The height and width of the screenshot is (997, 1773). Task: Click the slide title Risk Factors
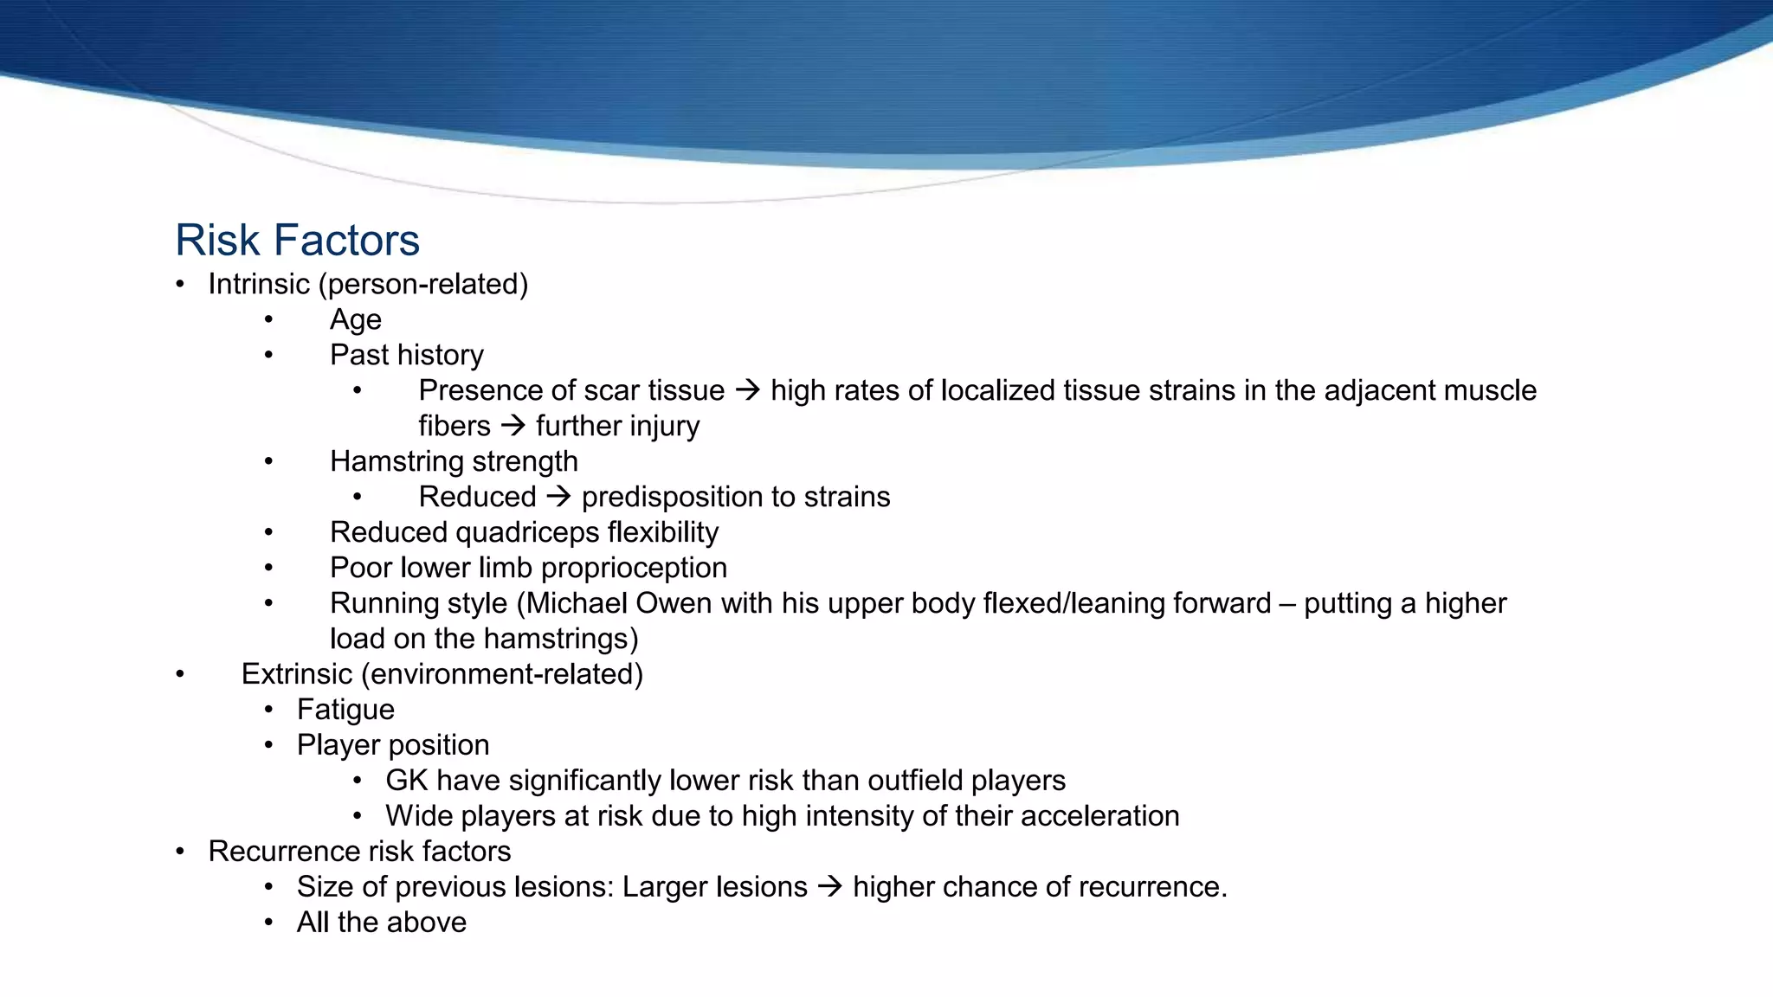(297, 241)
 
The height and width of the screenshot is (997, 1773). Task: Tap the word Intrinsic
(258, 284)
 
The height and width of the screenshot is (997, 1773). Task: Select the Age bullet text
(355, 320)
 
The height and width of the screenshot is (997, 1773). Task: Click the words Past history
(406, 355)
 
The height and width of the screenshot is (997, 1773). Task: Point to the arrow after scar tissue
(747, 391)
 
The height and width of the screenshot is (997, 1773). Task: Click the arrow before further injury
(513, 427)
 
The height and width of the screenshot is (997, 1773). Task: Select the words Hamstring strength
(454, 461)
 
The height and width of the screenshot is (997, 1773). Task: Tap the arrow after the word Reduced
(558, 498)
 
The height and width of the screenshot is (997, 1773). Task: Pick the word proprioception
(634, 568)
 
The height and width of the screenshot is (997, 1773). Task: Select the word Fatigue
(345, 710)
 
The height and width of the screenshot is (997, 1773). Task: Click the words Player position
(393, 745)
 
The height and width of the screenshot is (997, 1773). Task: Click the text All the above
(381, 923)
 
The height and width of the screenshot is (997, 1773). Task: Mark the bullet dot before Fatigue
(269, 710)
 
